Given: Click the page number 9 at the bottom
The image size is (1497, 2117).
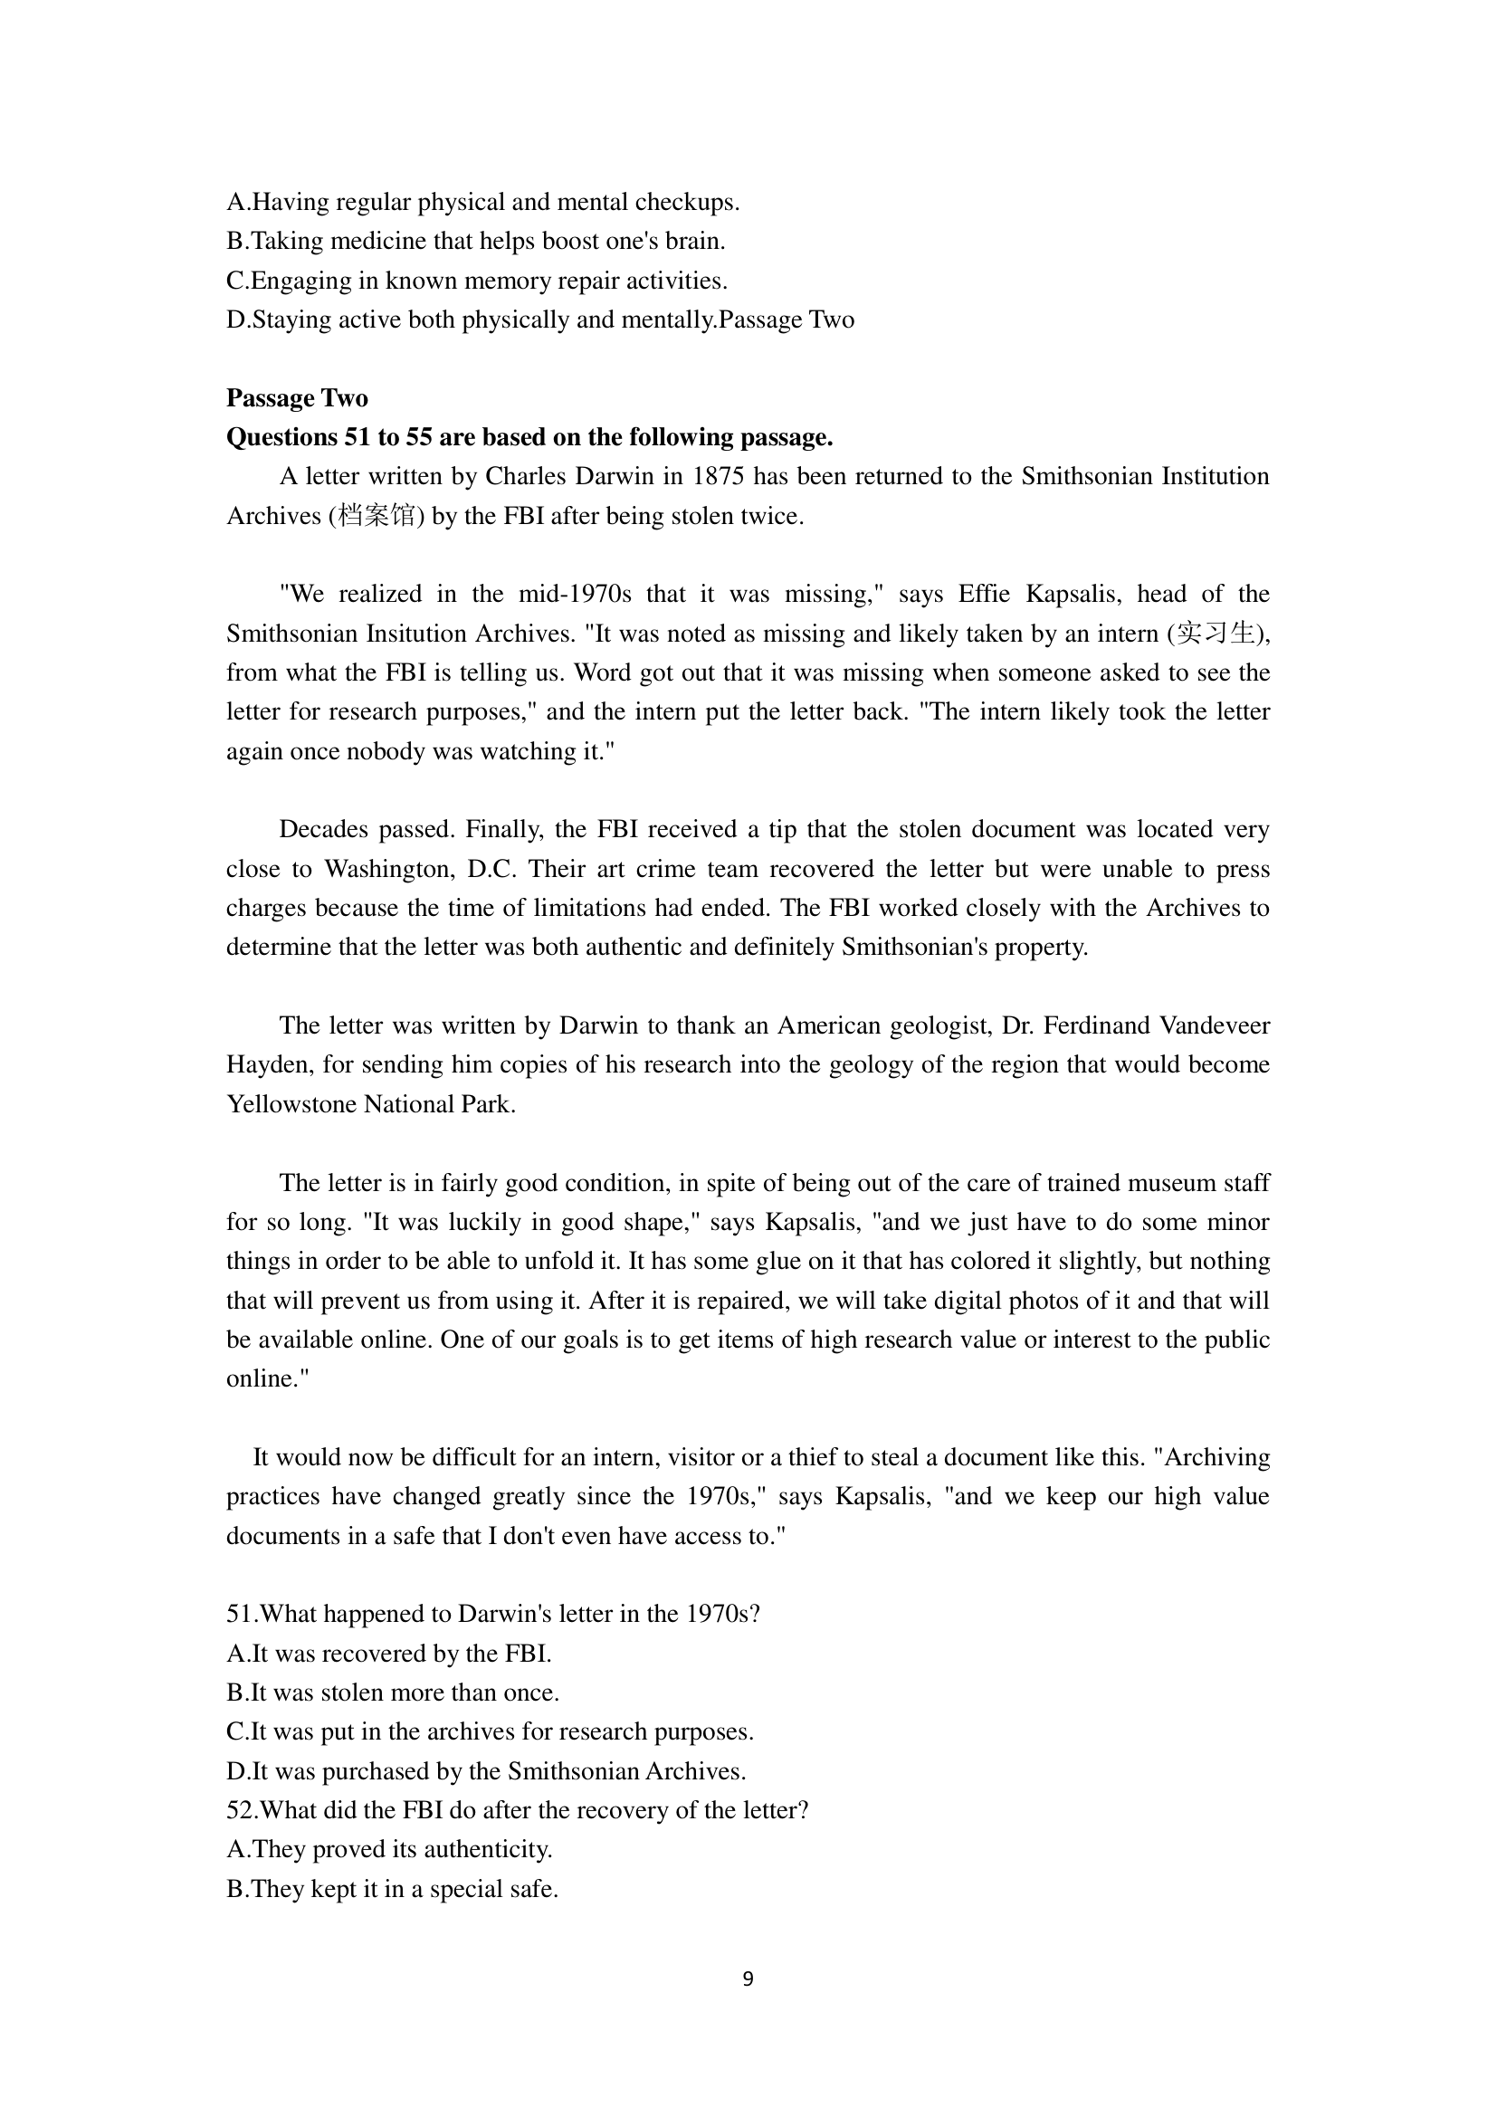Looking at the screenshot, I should click(x=748, y=1979).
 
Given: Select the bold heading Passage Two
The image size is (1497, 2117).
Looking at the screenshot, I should click(x=297, y=398).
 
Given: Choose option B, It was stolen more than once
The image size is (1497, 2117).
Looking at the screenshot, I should click(x=393, y=1693).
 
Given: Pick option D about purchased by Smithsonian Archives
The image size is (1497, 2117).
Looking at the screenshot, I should click(x=486, y=1771).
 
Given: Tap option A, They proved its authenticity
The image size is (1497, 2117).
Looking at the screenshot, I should click(x=389, y=1850).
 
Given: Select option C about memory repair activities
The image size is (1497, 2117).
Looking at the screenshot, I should click(x=477, y=281).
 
